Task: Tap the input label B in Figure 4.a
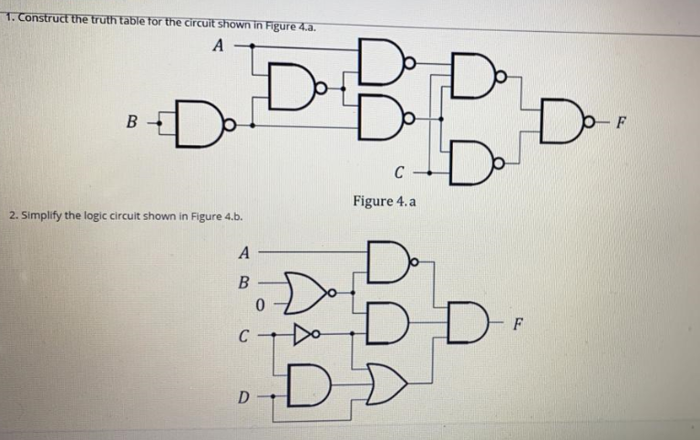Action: click(x=133, y=120)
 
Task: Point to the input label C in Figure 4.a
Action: click(x=399, y=172)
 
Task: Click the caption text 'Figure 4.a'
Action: click(x=385, y=201)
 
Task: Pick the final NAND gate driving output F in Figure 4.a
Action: click(x=557, y=119)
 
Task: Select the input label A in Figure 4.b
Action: click(x=243, y=251)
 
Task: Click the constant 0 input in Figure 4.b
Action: click(x=261, y=303)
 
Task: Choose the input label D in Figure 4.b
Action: click(x=242, y=396)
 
